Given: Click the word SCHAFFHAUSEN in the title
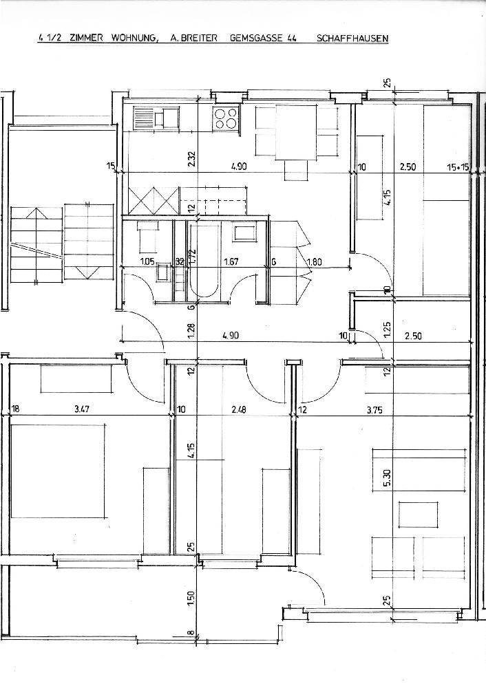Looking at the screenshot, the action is (352, 38).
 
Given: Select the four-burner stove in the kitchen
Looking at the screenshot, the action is (226, 118).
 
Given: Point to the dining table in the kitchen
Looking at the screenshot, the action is (295, 133).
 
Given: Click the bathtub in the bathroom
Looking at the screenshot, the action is (205, 261).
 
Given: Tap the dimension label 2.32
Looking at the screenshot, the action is (191, 158).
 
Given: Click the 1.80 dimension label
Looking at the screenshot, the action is (315, 262).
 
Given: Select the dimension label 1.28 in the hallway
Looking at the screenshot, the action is (191, 330).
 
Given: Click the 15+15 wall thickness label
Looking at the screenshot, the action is (458, 167).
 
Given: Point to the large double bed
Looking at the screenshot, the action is (59, 471).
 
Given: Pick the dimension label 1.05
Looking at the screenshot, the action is (147, 262).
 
